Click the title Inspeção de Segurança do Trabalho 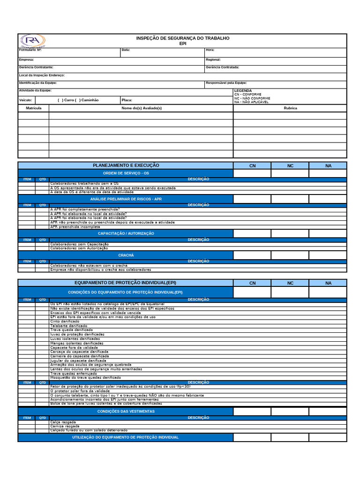[x=183, y=38]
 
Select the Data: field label [x=126, y=50]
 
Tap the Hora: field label [x=210, y=50]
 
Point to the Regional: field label [x=213, y=60]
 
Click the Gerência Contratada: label [x=222, y=67]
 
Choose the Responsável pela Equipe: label [x=226, y=83]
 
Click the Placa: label [x=127, y=100]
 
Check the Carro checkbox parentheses [x=60, y=100]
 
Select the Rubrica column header [x=290, y=108]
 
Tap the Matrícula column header [x=33, y=108]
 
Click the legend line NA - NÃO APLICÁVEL [x=251, y=102]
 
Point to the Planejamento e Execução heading [x=126, y=165]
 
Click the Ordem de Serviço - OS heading [x=126, y=173]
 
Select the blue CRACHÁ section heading [x=126, y=255]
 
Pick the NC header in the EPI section [x=290, y=283]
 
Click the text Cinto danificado [x=65, y=322]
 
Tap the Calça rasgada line [x=63, y=422]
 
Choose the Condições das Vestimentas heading [x=126, y=412]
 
